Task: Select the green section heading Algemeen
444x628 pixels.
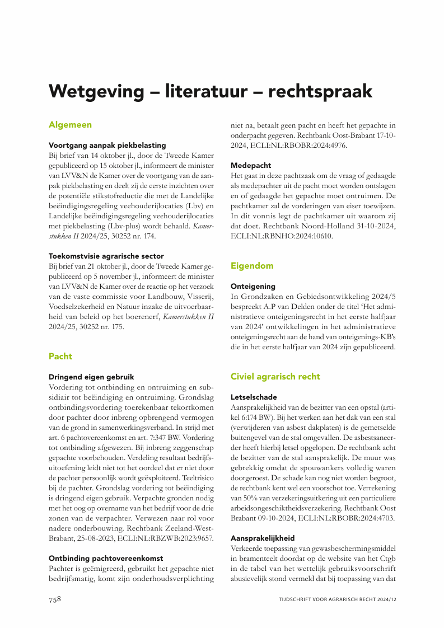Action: click(70, 124)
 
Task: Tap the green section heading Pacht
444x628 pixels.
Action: click(60, 356)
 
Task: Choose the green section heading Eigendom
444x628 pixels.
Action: click(252, 266)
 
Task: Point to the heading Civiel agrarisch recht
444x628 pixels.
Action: click(275, 376)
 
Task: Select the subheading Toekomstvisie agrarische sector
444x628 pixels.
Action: click(106, 256)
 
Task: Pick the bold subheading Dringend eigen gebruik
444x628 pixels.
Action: click(91, 377)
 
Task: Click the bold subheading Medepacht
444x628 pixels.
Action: click(251, 165)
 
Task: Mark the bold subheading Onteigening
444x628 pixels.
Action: click(253, 286)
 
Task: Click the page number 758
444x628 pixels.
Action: click(53, 599)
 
